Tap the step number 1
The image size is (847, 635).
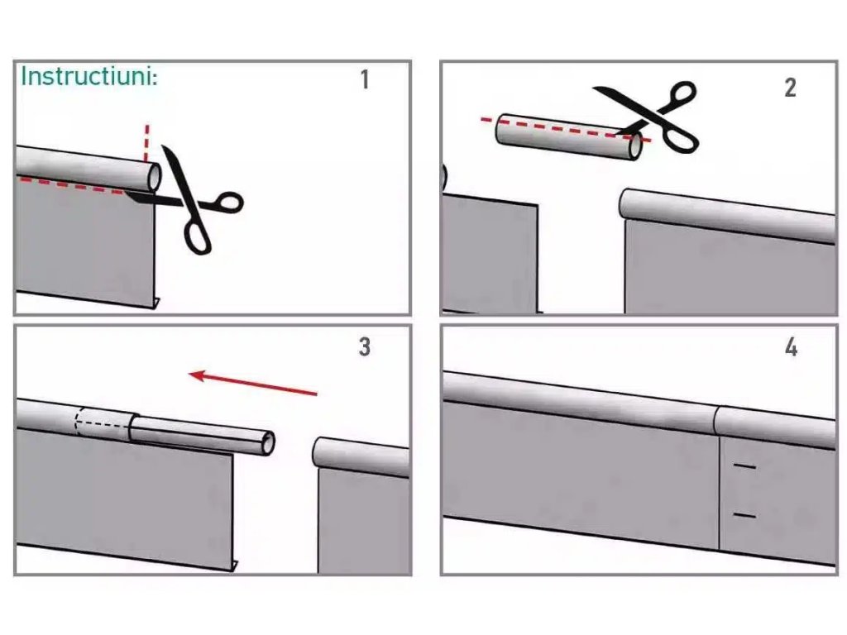[365, 79]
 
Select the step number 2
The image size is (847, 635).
[790, 88]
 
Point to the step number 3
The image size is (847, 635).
[365, 346]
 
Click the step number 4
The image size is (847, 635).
[791, 347]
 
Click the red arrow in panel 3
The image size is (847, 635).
[253, 384]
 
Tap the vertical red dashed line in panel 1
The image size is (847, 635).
[146, 143]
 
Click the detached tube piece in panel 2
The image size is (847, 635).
[569, 136]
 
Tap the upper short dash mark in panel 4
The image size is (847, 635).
[744, 466]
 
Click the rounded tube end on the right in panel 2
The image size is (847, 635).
[627, 203]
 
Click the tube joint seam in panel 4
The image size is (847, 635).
[717, 421]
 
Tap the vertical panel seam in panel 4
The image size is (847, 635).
[720, 493]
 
